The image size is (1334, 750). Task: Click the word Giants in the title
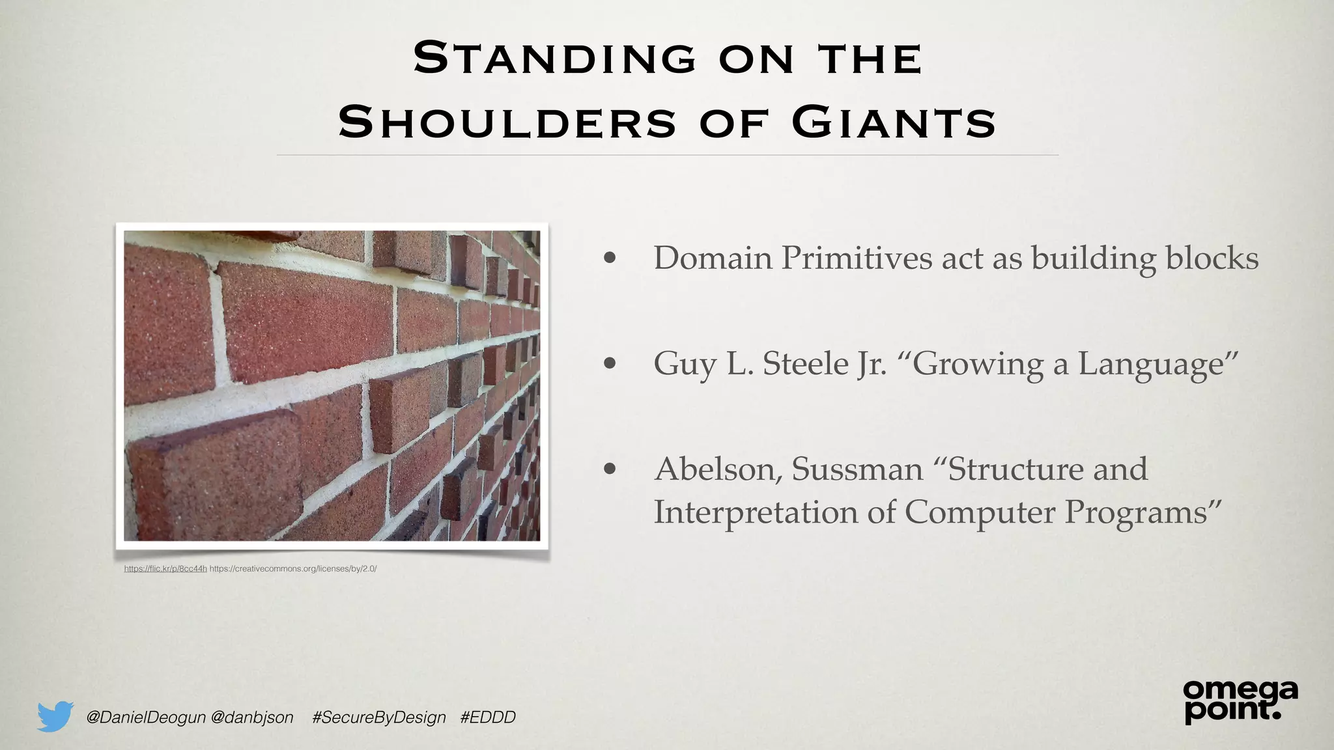[x=894, y=122]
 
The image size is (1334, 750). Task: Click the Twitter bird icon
[x=55, y=717]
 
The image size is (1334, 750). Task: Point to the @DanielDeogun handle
[x=146, y=717]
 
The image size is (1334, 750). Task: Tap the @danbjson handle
[x=253, y=717]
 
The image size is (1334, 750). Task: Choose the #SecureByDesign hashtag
[x=379, y=717]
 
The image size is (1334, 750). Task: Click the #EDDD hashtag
[x=488, y=717]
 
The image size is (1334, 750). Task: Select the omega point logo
[x=1240, y=702]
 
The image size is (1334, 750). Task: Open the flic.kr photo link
[x=165, y=569]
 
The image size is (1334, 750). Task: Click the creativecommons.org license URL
[x=293, y=569]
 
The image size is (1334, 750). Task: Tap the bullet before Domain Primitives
[x=610, y=258]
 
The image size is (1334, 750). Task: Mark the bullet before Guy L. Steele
[x=610, y=363]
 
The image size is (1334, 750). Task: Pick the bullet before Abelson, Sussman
[x=610, y=469]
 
